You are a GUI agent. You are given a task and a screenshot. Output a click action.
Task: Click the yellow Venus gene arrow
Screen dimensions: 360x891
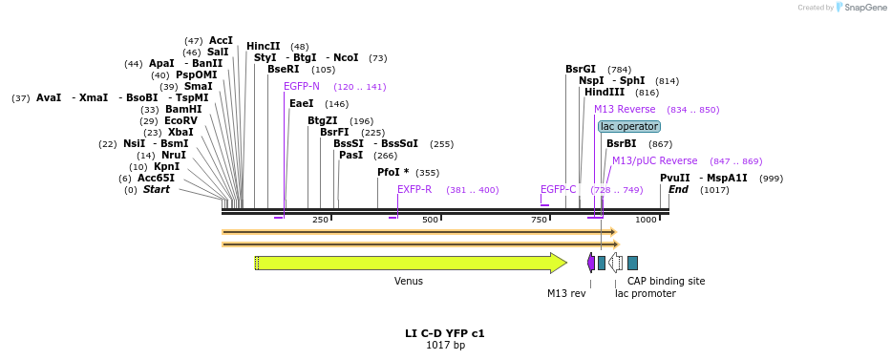pyautogui.click(x=411, y=263)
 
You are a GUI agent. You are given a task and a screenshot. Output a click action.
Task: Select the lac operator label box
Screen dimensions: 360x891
pyautogui.click(x=628, y=126)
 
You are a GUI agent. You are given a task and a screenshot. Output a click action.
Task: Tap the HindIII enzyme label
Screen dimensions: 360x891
pyautogui.click(x=605, y=93)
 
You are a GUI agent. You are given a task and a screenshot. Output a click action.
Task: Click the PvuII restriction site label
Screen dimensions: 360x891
pyautogui.click(x=674, y=178)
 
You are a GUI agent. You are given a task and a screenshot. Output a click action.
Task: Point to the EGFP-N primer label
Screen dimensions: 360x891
pyautogui.click(x=302, y=86)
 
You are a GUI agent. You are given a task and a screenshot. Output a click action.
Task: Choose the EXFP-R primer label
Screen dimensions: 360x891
pyautogui.click(x=414, y=189)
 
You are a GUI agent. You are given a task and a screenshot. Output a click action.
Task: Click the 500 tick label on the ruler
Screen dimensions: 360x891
pyautogui.click(x=430, y=220)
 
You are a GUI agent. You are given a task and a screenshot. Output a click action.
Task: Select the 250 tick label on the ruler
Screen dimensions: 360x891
pyautogui.click(x=320, y=220)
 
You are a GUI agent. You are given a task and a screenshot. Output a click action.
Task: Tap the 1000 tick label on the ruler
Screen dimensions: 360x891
pyautogui.click(x=647, y=220)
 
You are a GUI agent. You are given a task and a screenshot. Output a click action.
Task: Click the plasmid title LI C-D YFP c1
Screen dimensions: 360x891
pyautogui.click(x=445, y=333)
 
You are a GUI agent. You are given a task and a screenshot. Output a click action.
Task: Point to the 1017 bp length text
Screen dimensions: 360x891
pyautogui.click(x=445, y=345)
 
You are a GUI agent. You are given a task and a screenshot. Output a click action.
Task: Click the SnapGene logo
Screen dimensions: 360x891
pyautogui.click(x=858, y=8)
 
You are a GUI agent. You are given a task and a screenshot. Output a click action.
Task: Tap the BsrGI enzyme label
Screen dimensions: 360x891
pyautogui.click(x=581, y=69)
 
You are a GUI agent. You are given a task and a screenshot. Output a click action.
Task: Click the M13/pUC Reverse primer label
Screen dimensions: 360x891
pyautogui.click(x=654, y=160)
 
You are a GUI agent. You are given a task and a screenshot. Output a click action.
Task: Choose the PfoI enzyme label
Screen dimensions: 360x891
pyautogui.click(x=392, y=172)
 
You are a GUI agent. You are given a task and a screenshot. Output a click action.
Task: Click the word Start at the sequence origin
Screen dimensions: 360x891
pyautogui.click(x=157, y=189)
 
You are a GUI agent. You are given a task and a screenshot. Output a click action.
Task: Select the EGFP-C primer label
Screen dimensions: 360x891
pyautogui.click(x=558, y=189)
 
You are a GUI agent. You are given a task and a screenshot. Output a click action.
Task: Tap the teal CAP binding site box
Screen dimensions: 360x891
pyautogui.click(x=632, y=263)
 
